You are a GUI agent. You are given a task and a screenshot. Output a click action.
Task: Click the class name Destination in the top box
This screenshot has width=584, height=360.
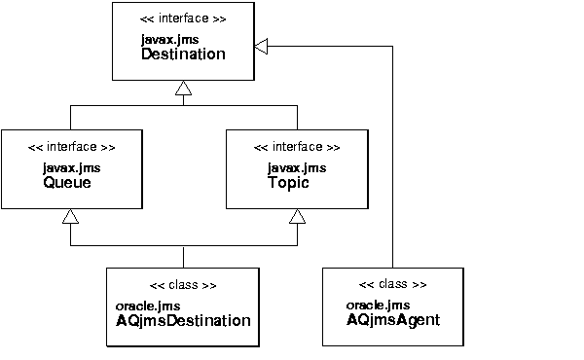pyautogui.click(x=183, y=54)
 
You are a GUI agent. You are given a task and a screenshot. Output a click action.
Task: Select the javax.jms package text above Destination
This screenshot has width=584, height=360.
pyautogui.click(x=169, y=39)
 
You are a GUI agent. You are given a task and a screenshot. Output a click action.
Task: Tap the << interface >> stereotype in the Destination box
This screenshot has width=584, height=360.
pyautogui.click(x=184, y=18)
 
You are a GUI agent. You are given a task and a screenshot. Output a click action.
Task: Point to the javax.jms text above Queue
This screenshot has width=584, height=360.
pyautogui.click(x=71, y=167)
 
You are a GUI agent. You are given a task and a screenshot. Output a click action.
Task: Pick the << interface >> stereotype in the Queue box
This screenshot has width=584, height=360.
pyautogui.click(x=71, y=147)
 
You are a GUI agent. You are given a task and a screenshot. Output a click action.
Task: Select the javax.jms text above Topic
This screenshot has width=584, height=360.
pyautogui.click(x=296, y=167)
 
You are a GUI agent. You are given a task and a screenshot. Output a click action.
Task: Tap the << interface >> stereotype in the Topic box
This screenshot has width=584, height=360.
pyautogui.click(x=296, y=147)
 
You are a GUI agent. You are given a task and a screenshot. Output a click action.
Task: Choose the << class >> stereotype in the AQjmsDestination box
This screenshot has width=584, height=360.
pyautogui.click(x=183, y=285)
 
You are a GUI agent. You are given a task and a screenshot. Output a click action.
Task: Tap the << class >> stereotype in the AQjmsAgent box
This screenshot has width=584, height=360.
pyautogui.click(x=393, y=284)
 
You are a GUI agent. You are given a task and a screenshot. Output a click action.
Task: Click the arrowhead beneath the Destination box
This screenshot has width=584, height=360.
pyautogui.click(x=183, y=90)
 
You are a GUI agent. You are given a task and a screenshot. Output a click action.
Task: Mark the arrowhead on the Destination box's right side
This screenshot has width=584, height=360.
pyautogui.click(x=261, y=44)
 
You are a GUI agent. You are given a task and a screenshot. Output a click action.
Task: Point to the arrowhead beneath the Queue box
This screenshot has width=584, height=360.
pyautogui.click(x=70, y=217)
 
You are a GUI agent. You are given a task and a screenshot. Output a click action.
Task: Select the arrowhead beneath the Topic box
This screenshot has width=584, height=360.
pyautogui.click(x=296, y=217)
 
